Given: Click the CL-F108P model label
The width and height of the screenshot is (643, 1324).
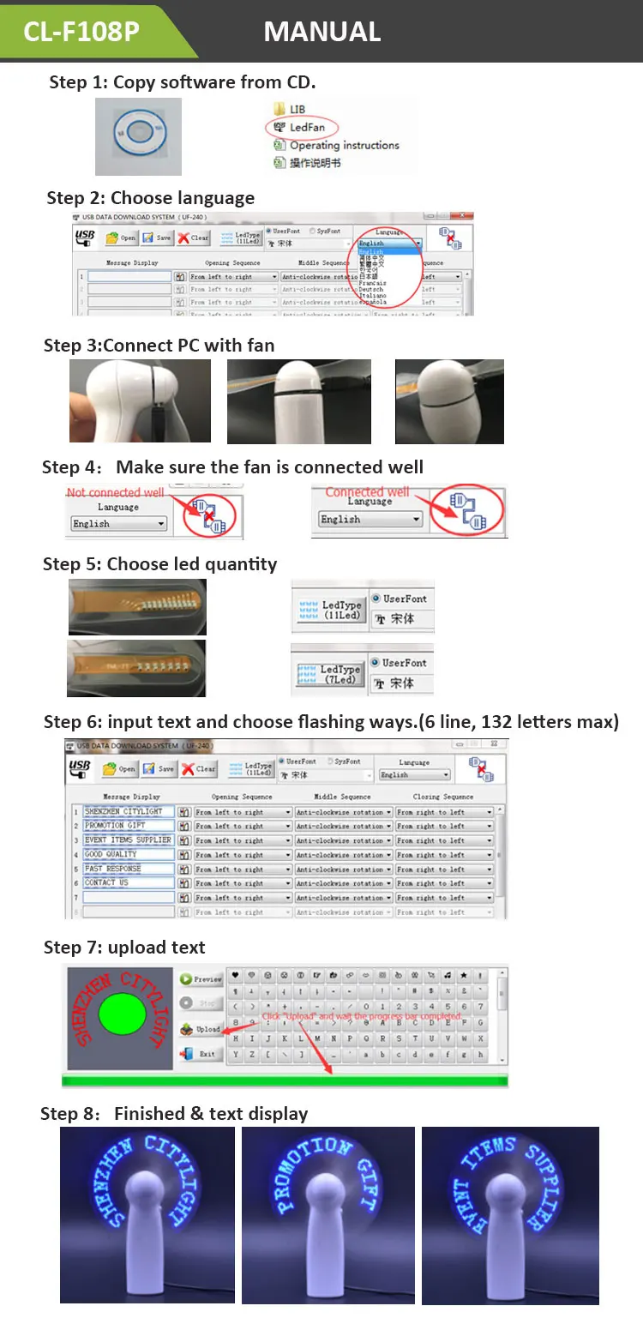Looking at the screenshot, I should click(x=81, y=32).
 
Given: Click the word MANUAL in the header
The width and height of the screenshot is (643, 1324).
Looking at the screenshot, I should click(x=321, y=32).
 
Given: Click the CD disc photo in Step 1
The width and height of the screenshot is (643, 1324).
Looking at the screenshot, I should click(x=138, y=135).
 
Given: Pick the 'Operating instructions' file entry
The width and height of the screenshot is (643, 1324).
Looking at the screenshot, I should click(x=344, y=146).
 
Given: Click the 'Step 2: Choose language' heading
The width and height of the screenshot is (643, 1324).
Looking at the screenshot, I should click(x=150, y=198).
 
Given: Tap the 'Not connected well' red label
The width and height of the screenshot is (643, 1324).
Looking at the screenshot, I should click(x=115, y=492).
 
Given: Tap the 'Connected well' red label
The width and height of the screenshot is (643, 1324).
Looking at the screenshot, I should click(x=366, y=491).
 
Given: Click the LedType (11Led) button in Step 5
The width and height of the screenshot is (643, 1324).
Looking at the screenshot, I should click(x=330, y=611).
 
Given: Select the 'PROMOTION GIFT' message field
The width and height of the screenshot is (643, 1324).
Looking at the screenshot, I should click(x=129, y=826).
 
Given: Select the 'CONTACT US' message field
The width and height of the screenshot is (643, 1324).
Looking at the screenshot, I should click(x=129, y=882).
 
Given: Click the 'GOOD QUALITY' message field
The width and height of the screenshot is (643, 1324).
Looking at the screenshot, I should click(x=129, y=854).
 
